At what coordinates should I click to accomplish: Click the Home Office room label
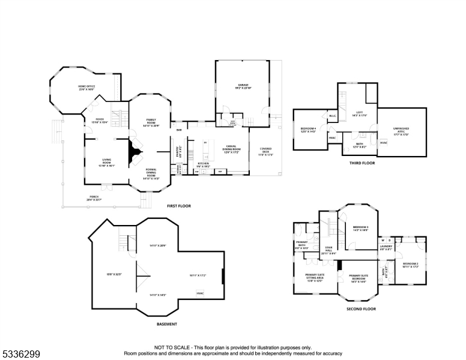(86, 88)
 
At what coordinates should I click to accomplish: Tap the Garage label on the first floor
(242, 86)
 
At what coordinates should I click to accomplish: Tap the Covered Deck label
(266, 151)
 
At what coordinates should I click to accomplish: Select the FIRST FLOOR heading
(179, 206)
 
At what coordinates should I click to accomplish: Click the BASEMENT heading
(166, 324)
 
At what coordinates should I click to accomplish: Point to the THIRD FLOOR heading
(362, 163)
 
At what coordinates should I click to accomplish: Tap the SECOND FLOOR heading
(361, 309)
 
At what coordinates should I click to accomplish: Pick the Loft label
(360, 113)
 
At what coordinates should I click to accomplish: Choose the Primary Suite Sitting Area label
(314, 279)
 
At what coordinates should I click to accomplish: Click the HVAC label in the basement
(200, 293)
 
